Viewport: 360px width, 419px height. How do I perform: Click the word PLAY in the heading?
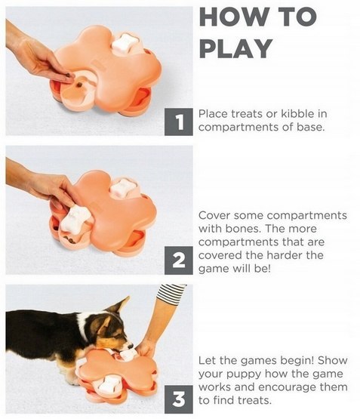click(236, 48)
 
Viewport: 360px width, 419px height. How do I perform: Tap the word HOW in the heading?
click(233, 17)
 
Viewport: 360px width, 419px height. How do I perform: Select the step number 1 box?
click(178, 122)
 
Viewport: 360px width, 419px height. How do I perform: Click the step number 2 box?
click(178, 260)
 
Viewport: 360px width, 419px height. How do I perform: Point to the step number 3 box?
click(178, 399)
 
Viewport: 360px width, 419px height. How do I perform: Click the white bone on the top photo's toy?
click(125, 43)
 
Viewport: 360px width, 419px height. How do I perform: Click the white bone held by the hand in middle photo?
click(75, 218)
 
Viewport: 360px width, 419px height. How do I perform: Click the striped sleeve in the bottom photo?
click(171, 294)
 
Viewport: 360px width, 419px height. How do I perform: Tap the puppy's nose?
click(131, 346)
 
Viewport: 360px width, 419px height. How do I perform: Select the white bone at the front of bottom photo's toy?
click(108, 384)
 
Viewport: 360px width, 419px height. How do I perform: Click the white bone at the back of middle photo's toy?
click(123, 187)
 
